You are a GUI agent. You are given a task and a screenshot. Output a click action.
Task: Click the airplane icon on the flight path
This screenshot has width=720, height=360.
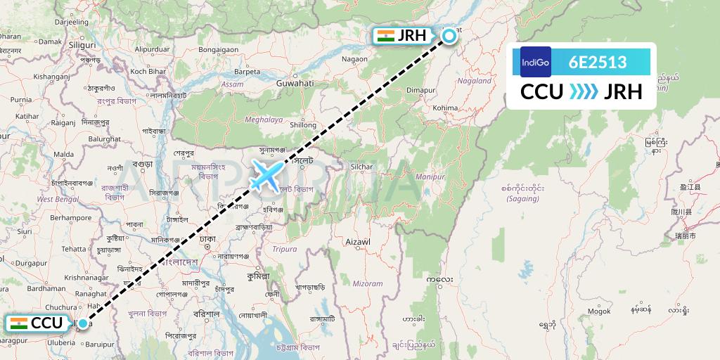266,174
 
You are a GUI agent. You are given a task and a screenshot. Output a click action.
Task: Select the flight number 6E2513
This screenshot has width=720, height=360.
598,62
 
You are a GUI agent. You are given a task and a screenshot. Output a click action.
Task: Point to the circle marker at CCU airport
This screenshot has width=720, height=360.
84,323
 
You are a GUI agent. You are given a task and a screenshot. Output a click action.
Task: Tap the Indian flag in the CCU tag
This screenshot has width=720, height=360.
19,323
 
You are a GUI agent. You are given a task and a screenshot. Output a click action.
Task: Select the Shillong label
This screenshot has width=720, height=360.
303,124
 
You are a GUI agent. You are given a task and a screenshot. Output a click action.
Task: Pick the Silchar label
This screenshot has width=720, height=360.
361,167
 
